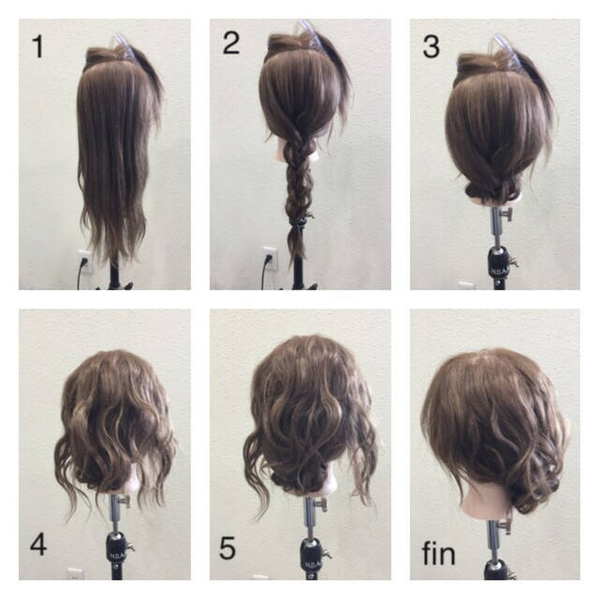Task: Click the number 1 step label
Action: click(37, 47)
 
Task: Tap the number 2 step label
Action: click(231, 43)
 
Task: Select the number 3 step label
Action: click(431, 47)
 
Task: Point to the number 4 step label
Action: click(38, 544)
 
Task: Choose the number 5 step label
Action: click(227, 548)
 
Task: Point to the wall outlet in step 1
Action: click(85, 261)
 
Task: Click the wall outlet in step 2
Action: click(270, 258)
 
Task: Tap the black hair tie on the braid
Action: click(298, 221)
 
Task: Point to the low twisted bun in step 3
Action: click(493, 190)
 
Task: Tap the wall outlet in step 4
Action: click(75, 574)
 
